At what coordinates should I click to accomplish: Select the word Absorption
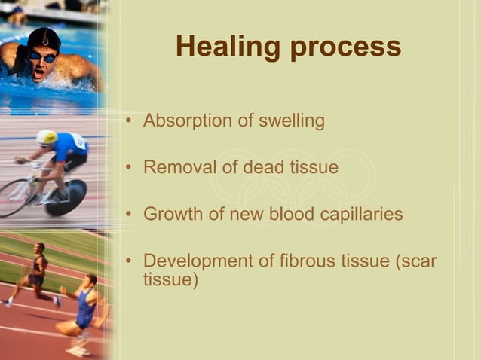185,121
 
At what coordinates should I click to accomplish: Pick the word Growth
172,214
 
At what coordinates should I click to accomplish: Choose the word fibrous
311,261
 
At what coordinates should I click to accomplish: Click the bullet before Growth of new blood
131,215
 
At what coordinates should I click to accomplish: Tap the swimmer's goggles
42,56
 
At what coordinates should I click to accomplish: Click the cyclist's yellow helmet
47,137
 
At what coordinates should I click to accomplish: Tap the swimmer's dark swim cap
43,38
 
